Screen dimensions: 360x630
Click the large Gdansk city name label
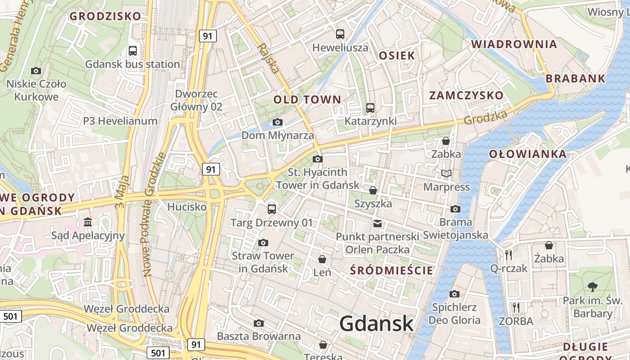point(376,323)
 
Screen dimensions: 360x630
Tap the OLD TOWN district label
point(307,99)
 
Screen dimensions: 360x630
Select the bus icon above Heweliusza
point(340,34)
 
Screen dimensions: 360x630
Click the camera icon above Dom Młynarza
point(278,122)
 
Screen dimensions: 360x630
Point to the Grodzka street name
point(486,117)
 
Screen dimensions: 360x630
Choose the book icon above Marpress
point(446,173)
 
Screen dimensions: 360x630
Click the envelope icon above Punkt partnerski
point(377,223)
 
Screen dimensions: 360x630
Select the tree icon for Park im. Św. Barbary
point(593,287)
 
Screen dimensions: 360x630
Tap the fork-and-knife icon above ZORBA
point(516,308)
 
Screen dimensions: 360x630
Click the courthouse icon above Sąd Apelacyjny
point(88,222)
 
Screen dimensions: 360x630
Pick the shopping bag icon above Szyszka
point(373,190)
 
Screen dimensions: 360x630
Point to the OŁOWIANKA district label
point(528,154)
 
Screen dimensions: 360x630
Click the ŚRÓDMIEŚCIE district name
point(391,270)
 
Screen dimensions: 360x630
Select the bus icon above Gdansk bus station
point(132,51)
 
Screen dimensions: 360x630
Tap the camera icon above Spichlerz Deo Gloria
point(454,294)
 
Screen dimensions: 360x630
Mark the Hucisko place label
point(187,207)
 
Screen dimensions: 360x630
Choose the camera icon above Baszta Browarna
point(259,323)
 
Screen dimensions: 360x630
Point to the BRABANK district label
point(576,78)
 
